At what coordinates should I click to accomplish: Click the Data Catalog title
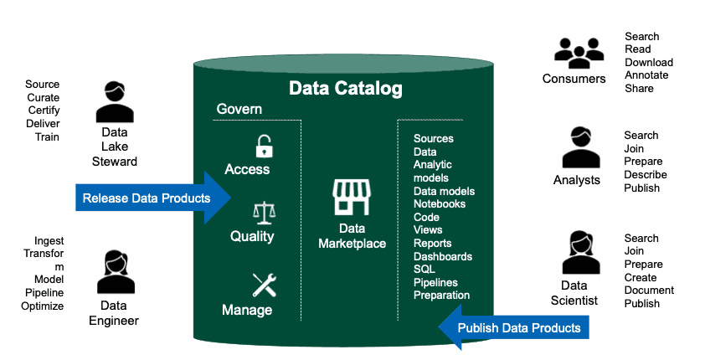point(345,89)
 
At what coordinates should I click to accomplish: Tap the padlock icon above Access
point(265,147)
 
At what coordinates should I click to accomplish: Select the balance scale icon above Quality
point(264,213)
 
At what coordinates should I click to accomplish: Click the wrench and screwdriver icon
point(265,285)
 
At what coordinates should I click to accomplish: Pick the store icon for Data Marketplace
point(352,197)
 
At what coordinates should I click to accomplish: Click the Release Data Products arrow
point(153,198)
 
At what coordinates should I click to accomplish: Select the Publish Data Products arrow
point(513,327)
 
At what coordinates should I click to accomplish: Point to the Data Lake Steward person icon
point(115,102)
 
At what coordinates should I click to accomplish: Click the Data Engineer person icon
point(116,272)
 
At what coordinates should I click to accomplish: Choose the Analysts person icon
point(581,147)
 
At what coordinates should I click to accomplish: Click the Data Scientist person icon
point(581,253)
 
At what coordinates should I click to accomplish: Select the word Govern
point(239,109)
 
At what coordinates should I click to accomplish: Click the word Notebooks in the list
point(440,203)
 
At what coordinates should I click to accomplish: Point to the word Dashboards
point(443,256)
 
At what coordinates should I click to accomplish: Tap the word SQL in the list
point(425,270)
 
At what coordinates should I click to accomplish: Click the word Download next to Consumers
point(649,63)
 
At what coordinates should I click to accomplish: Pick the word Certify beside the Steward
point(44,111)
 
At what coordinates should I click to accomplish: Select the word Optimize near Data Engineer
point(42,306)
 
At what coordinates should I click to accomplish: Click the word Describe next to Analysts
point(646,174)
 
